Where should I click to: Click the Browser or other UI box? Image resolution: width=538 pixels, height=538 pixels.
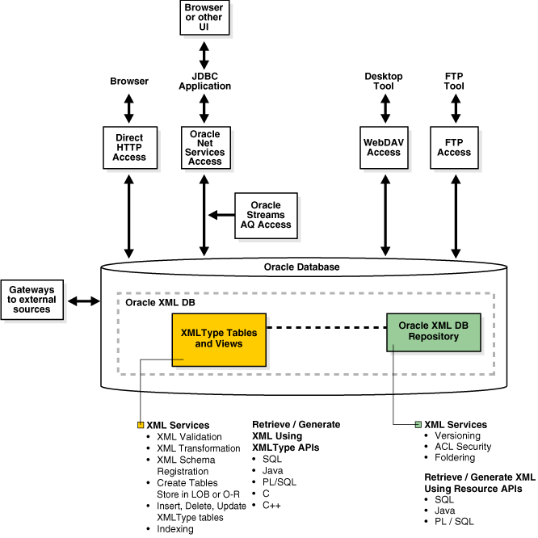(x=204, y=18)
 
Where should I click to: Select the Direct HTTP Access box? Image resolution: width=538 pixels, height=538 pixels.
(x=129, y=147)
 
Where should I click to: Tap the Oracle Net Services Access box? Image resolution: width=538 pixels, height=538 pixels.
(x=204, y=147)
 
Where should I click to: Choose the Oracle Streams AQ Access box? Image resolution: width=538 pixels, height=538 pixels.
(x=266, y=215)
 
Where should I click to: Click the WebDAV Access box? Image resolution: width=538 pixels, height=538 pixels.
(x=384, y=147)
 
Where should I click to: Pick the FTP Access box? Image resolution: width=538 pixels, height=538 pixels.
(x=454, y=147)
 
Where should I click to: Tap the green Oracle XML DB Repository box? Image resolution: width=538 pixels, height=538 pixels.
(x=434, y=331)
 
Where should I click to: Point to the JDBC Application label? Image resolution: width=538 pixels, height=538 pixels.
(x=205, y=81)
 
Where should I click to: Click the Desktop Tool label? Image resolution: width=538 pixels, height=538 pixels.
(x=384, y=81)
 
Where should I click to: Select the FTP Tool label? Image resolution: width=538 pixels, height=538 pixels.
(x=454, y=81)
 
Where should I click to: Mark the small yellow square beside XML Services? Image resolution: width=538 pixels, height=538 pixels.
(x=141, y=425)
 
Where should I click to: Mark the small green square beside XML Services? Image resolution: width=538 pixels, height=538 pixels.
(x=418, y=425)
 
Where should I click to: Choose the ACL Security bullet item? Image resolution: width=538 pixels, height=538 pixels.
(x=462, y=447)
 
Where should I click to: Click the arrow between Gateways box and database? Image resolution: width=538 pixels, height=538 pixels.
(x=83, y=301)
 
